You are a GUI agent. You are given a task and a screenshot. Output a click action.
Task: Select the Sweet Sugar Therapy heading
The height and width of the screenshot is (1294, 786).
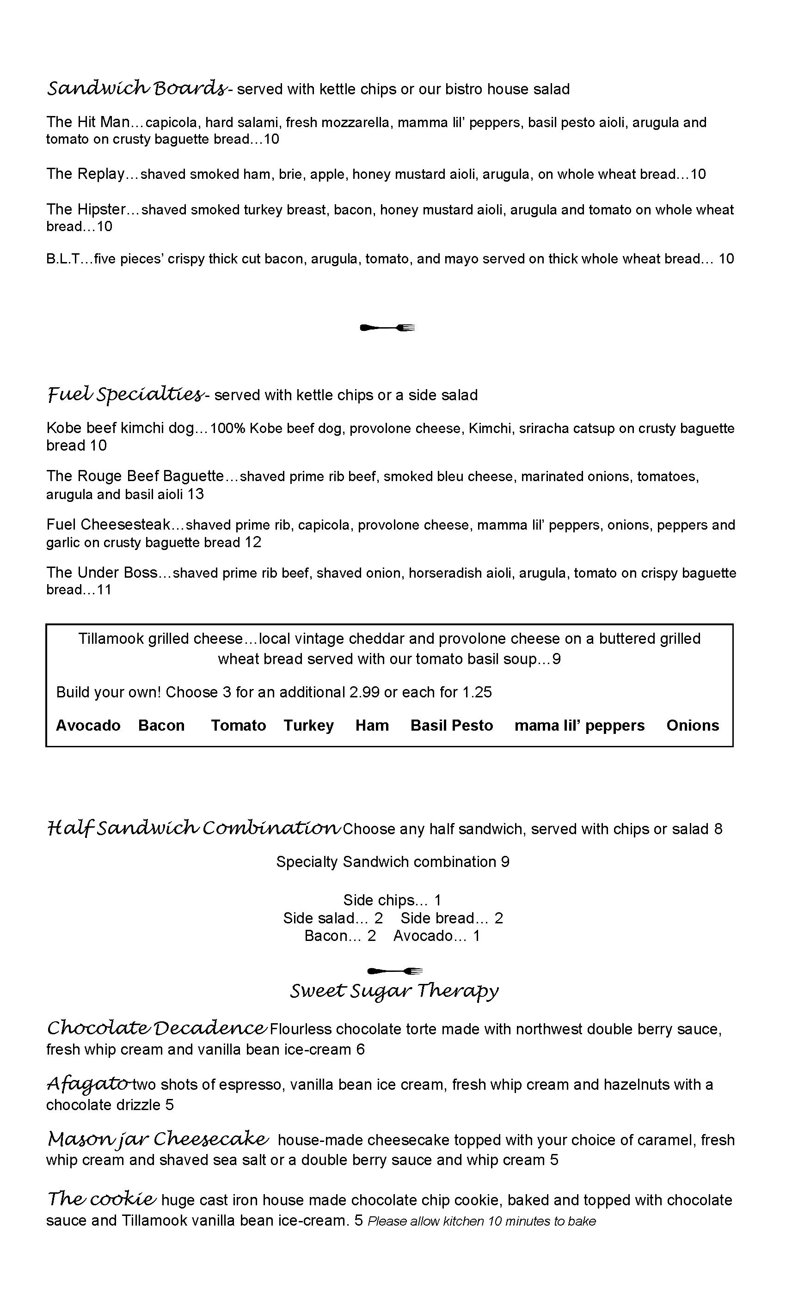pyautogui.click(x=394, y=991)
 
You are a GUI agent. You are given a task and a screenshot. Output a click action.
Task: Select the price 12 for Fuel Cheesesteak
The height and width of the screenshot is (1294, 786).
pyautogui.click(x=253, y=543)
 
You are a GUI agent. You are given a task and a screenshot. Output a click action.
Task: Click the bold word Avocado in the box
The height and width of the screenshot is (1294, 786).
pyautogui.click(x=88, y=725)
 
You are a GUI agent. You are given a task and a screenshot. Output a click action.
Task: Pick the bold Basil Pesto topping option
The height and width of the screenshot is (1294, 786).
pyautogui.click(x=452, y=725)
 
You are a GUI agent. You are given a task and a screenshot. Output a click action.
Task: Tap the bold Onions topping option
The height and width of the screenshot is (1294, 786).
pyautogui.click(x=693, y=725)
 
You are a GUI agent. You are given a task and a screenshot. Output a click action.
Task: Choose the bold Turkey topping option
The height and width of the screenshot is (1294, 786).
pyautogui.click(x=309, y=725)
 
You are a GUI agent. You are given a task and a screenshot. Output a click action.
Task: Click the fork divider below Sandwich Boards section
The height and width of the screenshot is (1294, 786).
pyautogui.click(x=387, y=328)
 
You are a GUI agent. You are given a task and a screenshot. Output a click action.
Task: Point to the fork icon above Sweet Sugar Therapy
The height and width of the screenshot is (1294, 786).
pyautogui.click(x=394, y=970)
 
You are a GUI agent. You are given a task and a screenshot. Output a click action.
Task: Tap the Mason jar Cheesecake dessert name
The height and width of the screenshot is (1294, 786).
pyautogui.click(x=158, y=1139)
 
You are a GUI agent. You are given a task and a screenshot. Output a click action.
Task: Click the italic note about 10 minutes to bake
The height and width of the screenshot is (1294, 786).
pyautogui.click(x=482, y=1221)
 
